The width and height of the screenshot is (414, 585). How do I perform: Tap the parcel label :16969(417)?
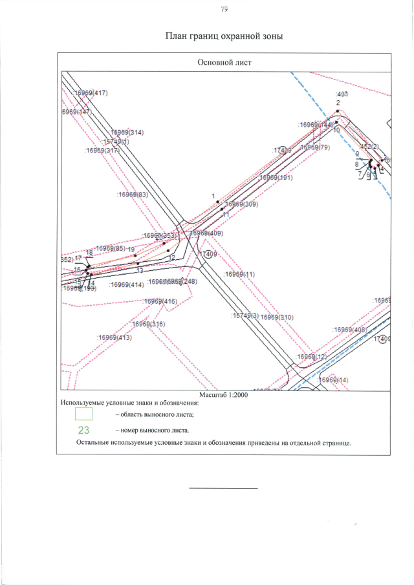pos(91,93)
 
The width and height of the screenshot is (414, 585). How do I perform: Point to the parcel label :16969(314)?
pos(126,132)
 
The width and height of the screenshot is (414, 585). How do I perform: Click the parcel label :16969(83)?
pos(133,194)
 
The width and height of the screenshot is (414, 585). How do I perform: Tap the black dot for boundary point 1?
pos(217,202)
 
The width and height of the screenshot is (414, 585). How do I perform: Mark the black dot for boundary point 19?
pos(135,255)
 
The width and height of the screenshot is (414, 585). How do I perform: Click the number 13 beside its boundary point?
pos(139,270)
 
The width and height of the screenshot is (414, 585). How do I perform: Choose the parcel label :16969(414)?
pos(127,284)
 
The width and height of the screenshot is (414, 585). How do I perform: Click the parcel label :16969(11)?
pos(239,274)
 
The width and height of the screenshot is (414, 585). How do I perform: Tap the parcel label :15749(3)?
pos(245,316)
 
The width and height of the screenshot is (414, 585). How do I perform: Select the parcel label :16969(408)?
pos(350,329)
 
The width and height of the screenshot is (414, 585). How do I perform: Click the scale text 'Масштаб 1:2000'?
pos(224,395)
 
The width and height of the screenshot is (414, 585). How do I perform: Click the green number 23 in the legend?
pos(83,429)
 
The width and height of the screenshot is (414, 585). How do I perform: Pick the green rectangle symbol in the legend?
pos(83,413)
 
